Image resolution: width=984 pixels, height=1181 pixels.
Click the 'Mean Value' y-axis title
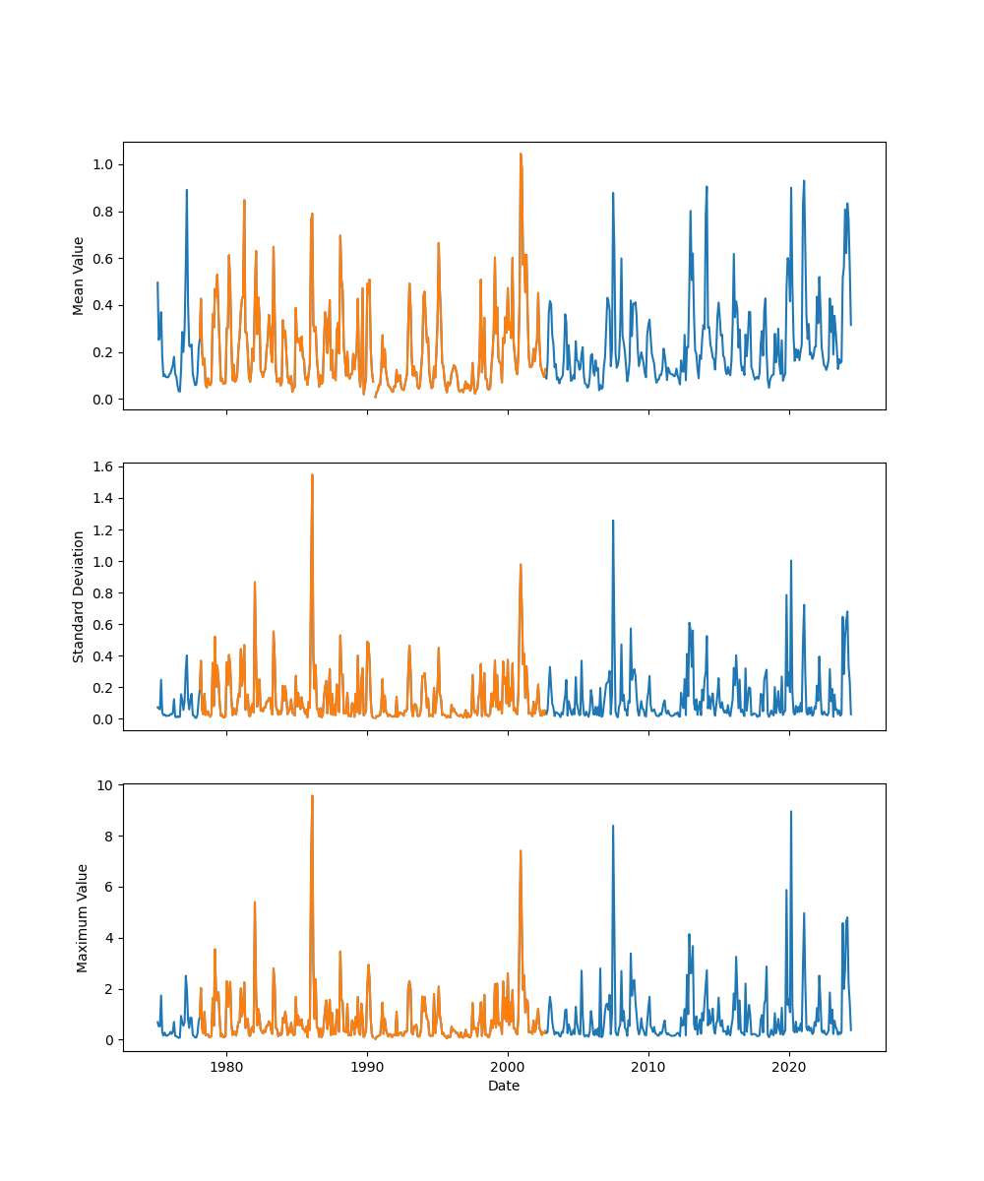click(x=79, y=276)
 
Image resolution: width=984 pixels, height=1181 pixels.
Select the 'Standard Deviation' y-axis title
click(x=79, y=596)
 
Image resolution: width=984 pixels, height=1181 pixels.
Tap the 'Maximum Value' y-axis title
click(x=83, y=917)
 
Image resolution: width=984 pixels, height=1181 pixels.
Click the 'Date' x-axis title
click(x=504, y=1086)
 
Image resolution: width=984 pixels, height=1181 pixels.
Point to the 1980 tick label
click(x=226, y=1067)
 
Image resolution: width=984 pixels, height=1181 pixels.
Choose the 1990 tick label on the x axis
click(x=367, y=1067)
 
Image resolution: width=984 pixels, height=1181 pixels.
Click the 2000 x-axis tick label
click(x=508, y=1067)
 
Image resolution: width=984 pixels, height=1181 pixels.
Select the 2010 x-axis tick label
click(x=648, y=1067)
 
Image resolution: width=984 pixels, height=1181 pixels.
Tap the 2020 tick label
click(x=789, y=1067)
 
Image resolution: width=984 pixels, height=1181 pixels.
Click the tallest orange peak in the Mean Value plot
click(x=521, y=155)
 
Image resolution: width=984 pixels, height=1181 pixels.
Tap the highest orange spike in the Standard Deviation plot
click(x=312, y=475)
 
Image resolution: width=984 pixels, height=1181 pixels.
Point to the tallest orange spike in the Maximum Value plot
click(x=312, y=796)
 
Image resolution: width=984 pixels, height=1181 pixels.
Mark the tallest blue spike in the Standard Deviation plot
click(x=613, y=522)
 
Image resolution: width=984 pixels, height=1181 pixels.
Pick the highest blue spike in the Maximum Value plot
click(x=790, y=812)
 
